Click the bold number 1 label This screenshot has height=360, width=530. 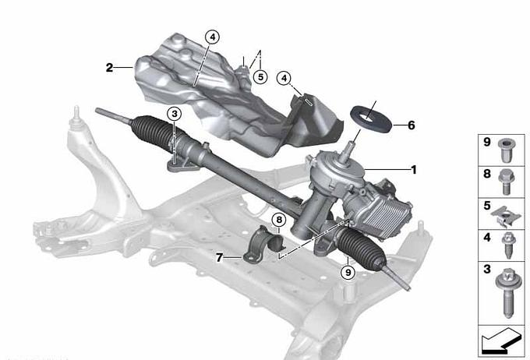click(413, 170)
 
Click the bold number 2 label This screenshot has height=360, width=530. click(109, 68)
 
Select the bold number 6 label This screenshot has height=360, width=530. click(411, 125)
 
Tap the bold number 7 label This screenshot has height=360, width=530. click(219, 258)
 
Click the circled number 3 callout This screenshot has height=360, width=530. click(175, 114)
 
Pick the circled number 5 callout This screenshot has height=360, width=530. click(260, 77)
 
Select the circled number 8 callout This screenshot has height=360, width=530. click(279, 220)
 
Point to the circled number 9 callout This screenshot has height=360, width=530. click(348, 271)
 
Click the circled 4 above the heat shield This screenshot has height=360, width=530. click(212, 37)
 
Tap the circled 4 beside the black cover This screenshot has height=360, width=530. click(284, 79)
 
